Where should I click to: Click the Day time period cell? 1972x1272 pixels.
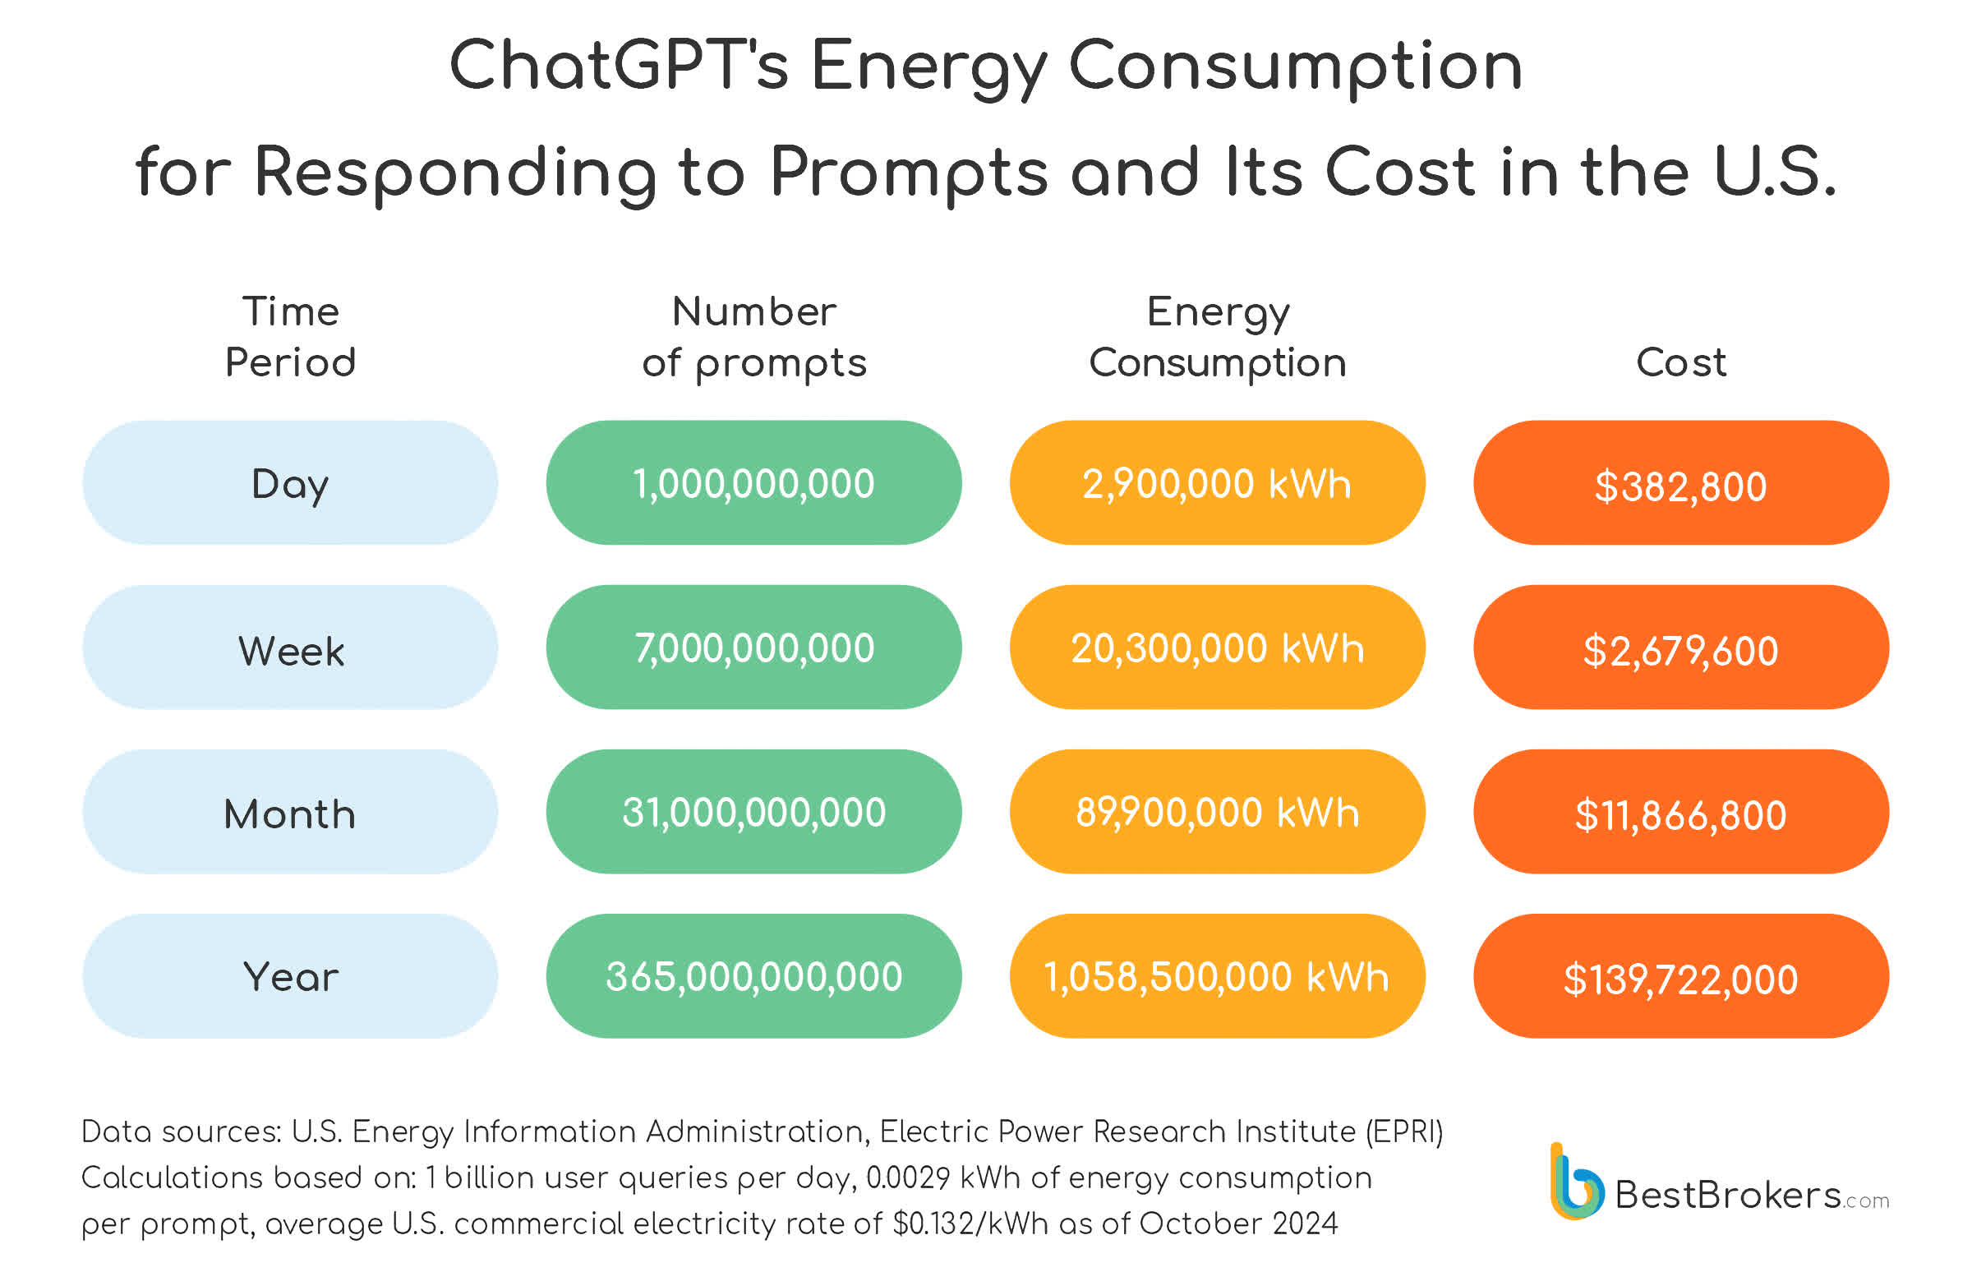pyautogui.click(x=290, y=483)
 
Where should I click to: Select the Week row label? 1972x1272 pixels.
pyautogui.click(x=290, y=648)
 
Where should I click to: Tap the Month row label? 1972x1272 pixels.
pyautogui.click(x=290, y=812)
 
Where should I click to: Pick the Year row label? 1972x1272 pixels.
pyautogui.click(x=290, y=976)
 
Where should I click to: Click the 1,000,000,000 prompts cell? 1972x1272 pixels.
pyautogui.click(x=753, y=483)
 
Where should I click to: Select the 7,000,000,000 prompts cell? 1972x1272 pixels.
pyautogui.click(x=753, y=648)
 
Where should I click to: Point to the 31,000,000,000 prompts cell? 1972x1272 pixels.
pyautogui.click(x=753, y=812)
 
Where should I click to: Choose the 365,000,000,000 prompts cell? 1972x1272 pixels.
pyautogui.click(x=753, y=976)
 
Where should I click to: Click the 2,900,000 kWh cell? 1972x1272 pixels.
pyautogui.click(x=1217, y=483)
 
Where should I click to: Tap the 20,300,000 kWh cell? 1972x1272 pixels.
pyautogui.click(x=1217, y=648)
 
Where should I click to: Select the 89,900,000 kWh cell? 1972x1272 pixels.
pyautogui.click(x=1217, y=812)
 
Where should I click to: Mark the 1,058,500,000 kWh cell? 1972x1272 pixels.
pyautogui.click(x=1217, y=976)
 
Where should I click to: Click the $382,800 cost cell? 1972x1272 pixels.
pyautogui.click(x=1680, y=483)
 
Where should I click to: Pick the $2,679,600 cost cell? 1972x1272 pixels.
pyautogui.click(x=1680, y=648)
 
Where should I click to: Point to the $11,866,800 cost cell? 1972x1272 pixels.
pyautogui.click(x=1680, y=812)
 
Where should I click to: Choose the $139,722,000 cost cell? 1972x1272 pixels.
pyautogui.click(x=1680, y=976)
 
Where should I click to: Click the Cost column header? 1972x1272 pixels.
pyautogui.click(x=1680, y=362)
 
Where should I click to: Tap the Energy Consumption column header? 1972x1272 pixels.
pyautogui.click(x=1217, y=337)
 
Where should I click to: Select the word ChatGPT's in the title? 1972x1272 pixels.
pyautogui.click(x=619, y=66)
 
